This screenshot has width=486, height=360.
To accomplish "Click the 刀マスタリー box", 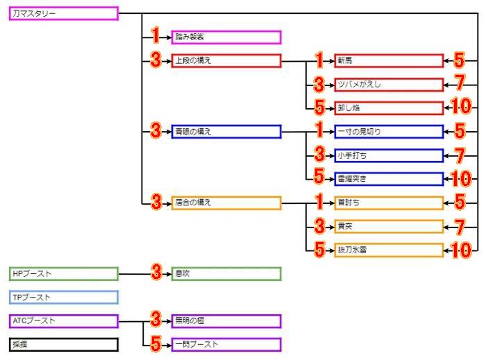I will pos(64,13).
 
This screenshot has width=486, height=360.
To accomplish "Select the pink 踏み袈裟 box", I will pos(226,37).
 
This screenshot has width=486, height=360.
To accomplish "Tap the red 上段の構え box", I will pos(226,61).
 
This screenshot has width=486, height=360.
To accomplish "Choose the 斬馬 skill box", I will pos(388,61).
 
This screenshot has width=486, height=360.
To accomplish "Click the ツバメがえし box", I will pos(388,85).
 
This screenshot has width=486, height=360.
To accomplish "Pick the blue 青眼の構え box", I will pos(226,132).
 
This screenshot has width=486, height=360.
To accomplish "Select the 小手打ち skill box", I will pos(388,155).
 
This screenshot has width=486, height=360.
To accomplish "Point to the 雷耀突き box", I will pos(388,179).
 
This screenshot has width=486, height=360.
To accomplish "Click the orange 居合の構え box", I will pos(226,203).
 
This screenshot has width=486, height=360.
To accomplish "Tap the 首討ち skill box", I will pos(388,203).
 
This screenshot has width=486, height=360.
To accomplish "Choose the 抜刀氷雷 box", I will pos(388,250).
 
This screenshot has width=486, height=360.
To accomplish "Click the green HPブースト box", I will pos(64,274).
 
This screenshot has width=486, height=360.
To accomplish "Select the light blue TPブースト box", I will pos(64,298).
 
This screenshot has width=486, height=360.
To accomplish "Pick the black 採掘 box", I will pos(64,345).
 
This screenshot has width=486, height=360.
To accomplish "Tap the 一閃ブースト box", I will pos(226,345).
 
